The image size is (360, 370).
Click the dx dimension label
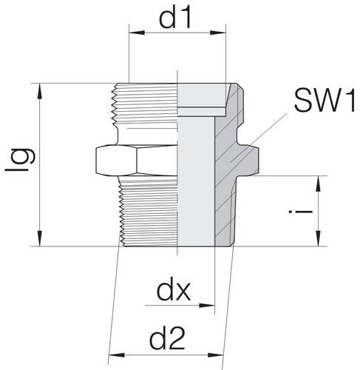click(x=174, y=290)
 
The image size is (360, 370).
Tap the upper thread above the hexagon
click(x=148, y=111)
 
